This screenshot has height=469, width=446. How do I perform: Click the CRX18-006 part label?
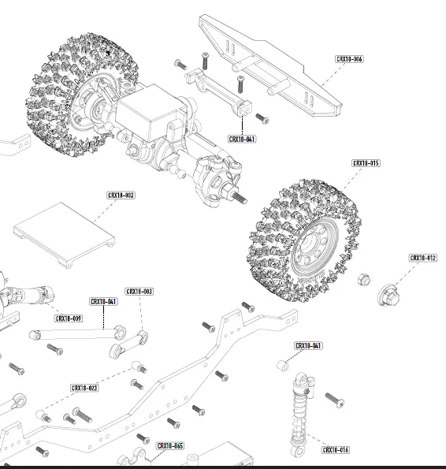[349, 59]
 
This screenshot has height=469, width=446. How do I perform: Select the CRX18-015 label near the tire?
[366, 163]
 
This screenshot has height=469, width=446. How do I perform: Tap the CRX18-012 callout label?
[423, 258]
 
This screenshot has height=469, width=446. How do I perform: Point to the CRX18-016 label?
[336, 449]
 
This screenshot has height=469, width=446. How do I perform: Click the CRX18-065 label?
[170, 446]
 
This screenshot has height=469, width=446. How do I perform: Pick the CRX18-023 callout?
[84, 388]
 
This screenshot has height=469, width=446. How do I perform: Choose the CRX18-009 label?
[69, 318]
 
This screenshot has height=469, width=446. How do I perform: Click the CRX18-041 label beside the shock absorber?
[308, 346]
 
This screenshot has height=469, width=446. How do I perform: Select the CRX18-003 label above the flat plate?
[121, 195]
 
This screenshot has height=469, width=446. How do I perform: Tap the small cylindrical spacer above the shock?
[281, 364]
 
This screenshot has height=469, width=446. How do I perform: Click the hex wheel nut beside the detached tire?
[363, 279]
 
